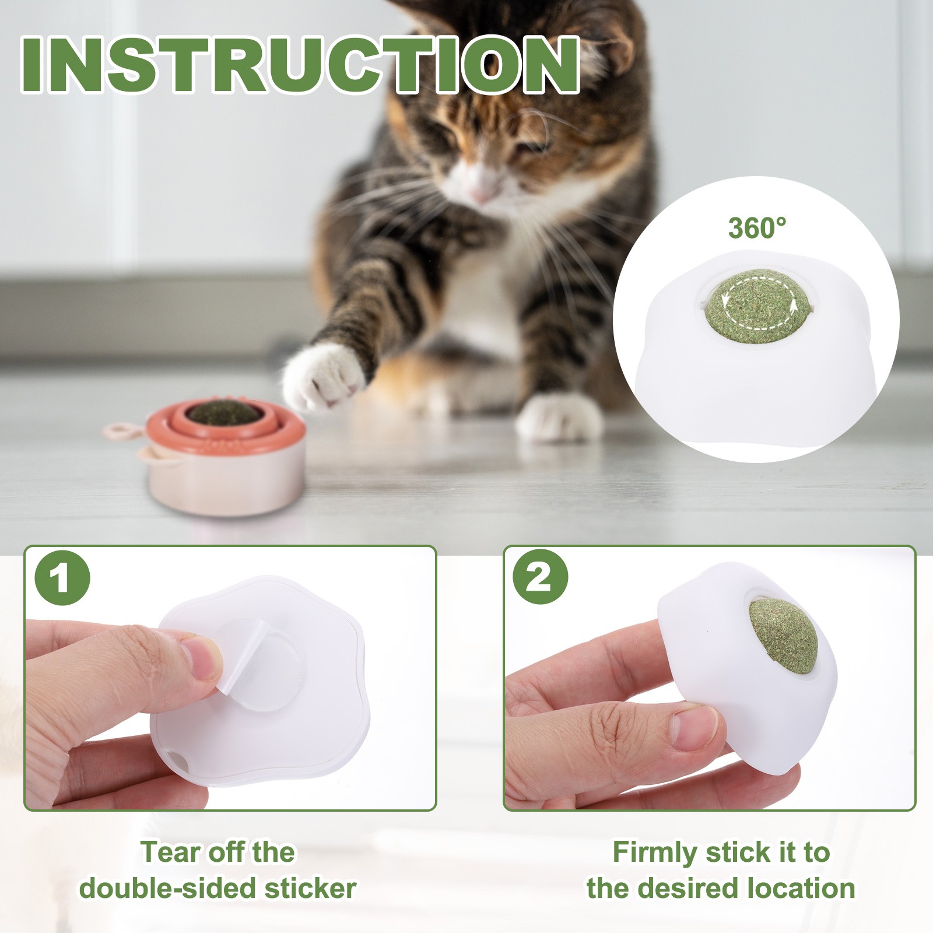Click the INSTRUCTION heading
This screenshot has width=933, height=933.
tap(300, 64)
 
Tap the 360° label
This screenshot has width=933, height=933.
tap(757, 227)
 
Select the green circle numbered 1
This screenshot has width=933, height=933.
tap(62, 579)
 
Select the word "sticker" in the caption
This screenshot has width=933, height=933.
tap(310, 889)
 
